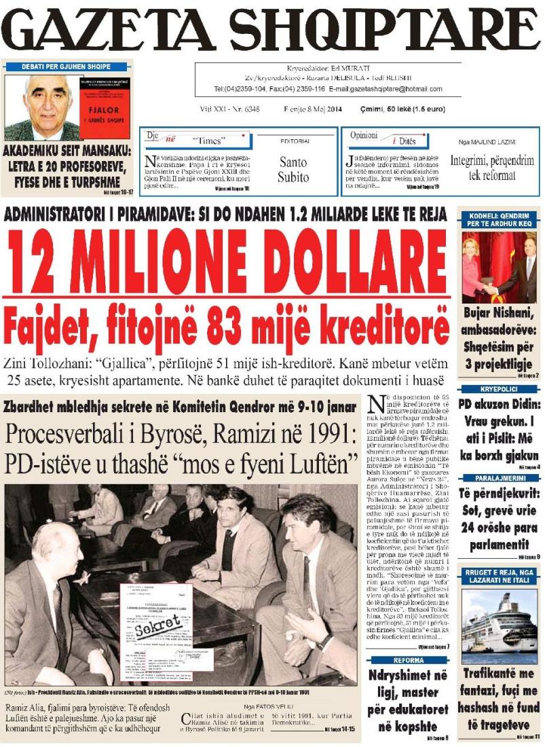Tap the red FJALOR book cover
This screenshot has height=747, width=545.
coord(104,108)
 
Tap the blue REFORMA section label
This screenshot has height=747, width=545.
coord(408,660)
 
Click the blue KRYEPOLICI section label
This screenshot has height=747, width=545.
coord(499,389)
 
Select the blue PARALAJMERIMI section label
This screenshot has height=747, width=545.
coord(499,477)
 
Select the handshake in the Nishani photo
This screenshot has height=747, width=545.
coord(489,288)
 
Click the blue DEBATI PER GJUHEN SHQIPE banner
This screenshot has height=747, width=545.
coord(66,67)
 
